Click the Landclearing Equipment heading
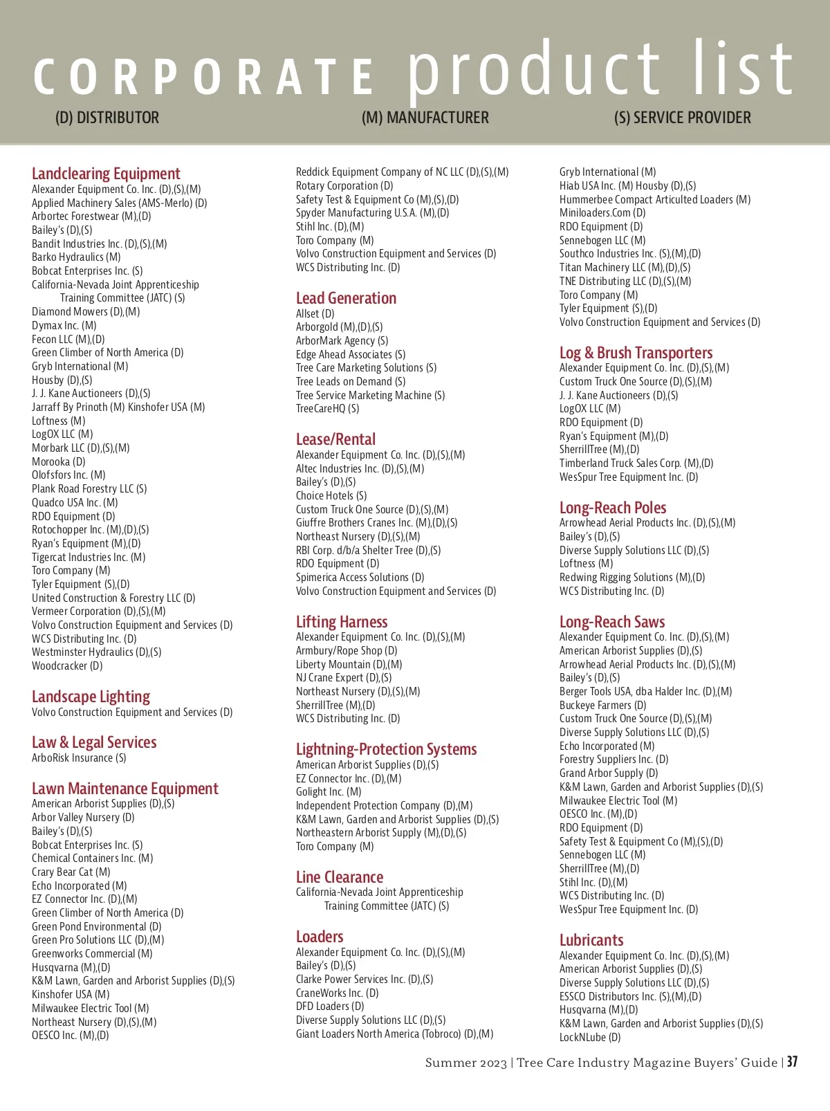pos(106,174)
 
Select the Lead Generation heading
pos(346,298)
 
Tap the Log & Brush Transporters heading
pos(636,353)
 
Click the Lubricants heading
pos(591,940)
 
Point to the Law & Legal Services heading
pos(94,742)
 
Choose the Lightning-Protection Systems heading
pos(386,749)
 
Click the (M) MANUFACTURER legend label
pos(425,118)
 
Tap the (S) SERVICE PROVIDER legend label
pos(682,118)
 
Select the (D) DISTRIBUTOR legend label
pos(107,118)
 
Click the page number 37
pos(792,1062)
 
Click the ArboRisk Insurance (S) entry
pos(79,758)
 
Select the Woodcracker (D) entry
pos(67,666)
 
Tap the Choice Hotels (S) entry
pos(331,496)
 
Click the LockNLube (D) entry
pos(590,1038)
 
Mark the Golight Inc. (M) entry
pos(329,792)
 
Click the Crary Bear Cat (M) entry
pos(71,872)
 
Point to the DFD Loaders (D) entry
pos(330,1007)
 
